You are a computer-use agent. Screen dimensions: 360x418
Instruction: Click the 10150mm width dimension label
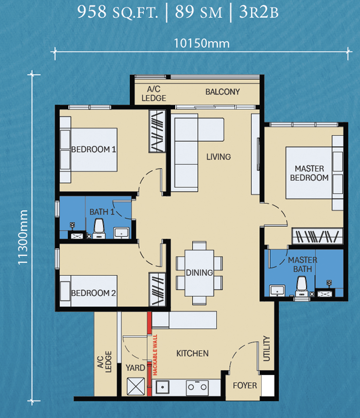click(202, 43)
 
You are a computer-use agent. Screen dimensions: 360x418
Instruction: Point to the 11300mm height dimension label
click(23, 237)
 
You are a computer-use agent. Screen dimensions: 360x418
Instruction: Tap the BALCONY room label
click(223, 92)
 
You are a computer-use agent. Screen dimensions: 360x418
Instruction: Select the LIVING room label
click(218, 157)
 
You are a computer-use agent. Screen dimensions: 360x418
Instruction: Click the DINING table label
click(199, 273)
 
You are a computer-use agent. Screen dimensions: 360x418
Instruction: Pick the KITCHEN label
click(192, 354)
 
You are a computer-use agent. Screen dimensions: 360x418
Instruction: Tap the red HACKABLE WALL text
click(155, 355)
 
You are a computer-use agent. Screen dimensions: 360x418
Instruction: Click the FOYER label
click(245, 386)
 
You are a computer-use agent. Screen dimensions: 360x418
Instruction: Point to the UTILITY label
click(267, 348)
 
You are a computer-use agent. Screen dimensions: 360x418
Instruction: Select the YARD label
click(135, 368)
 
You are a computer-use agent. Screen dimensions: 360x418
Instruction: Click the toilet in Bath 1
click(99, 228)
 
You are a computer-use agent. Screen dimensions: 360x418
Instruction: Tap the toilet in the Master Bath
click(301, 286)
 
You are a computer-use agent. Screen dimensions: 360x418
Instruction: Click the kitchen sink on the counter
click(163, 387)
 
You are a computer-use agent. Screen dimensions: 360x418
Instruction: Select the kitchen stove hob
click(197, 387)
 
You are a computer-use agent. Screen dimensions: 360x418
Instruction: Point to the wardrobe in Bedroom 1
click(157, 131)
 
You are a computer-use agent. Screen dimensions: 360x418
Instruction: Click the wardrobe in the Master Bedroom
click(317, 236)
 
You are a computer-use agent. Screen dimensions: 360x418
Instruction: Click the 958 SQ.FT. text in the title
click(118, 12)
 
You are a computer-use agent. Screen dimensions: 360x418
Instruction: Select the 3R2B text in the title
click(259, 12)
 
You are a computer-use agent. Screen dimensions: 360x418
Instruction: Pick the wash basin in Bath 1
click(121, 233)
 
